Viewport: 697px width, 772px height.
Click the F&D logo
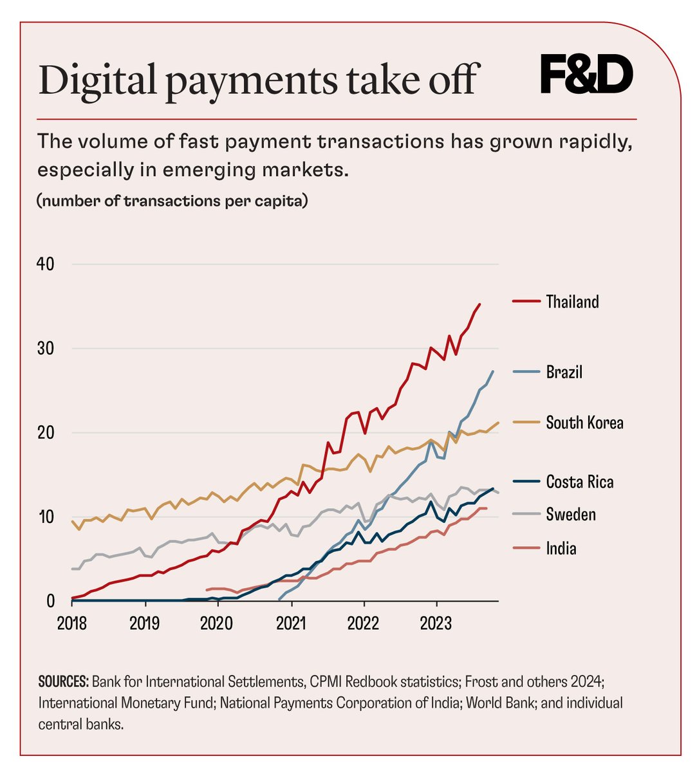pyautogui.click(x=586, y=75)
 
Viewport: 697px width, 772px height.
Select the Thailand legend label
pyautogui.click(x=572, y=302)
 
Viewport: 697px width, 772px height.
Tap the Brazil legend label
pyautogui.click(x=564, y=372)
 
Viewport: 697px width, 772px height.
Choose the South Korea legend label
pyautogui.click(x=584, y=423)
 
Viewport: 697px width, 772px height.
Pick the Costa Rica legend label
pyautogui.click(x=579, y=482)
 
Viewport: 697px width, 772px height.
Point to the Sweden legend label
pyautogui.click(x=570, y=515)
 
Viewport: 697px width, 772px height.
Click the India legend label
pyautogui.click(x=561, y=548)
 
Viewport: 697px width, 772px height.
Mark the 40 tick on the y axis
pyautogui.click(x=46, y=264)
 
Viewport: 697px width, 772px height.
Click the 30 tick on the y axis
pyautogui.click(x=46, y=349)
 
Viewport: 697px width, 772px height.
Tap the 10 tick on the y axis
pyautogui.click(x=46, y=517)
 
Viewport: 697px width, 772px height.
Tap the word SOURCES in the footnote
pyautogui.click(x=63, y=682)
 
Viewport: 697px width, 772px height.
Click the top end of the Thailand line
pyautogui.click(x=479, y=304)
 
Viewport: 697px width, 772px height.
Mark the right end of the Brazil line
pyautogui.click(x=493, y=371)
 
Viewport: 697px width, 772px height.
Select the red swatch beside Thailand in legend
pyautogui.click(x=525, y=302)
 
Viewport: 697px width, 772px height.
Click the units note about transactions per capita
pyautogui.click(x=172, y=201)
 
